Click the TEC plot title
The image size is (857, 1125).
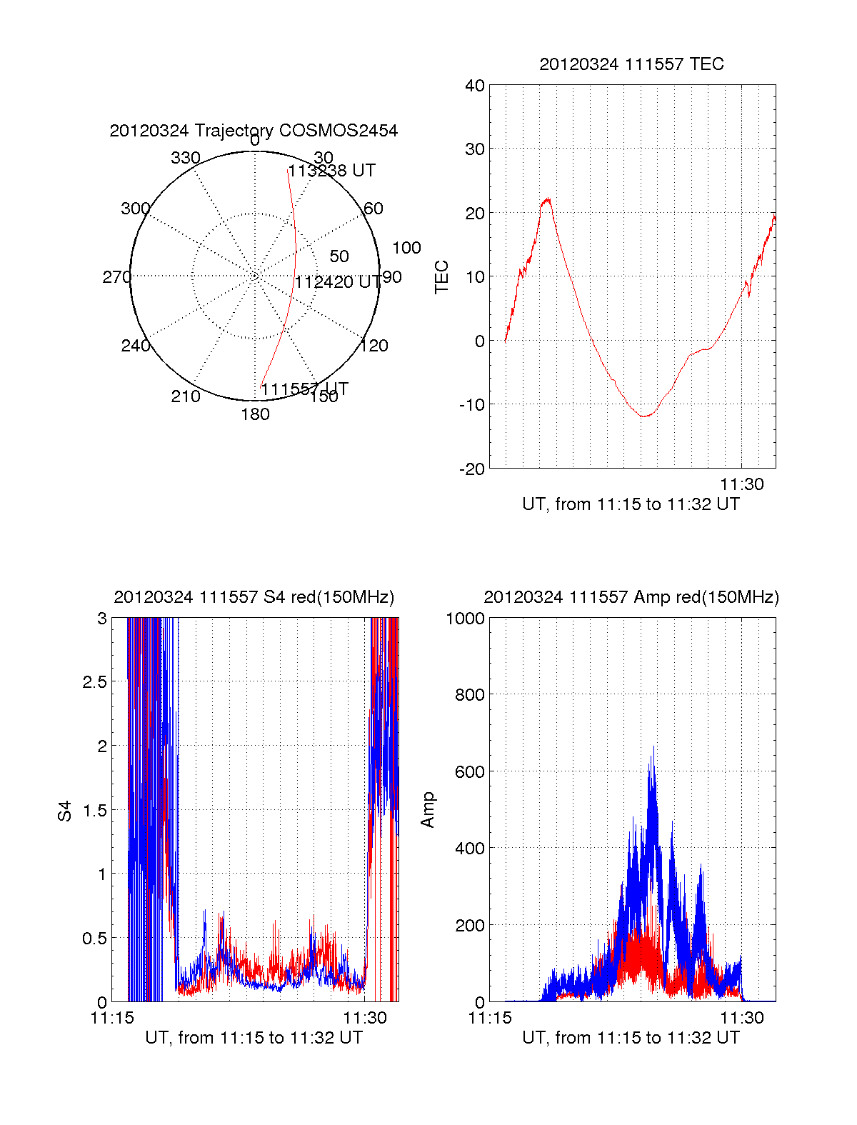coord(631,64)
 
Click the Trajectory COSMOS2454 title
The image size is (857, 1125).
coord(254,131)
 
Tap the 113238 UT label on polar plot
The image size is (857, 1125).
coord(331,171)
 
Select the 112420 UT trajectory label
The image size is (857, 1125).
coord(338,282)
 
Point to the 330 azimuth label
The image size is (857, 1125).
coord(186,158)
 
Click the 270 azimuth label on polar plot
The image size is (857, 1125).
coord(116,277)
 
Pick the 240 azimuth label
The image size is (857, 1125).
coord(136,346)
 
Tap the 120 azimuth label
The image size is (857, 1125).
coord(374,346)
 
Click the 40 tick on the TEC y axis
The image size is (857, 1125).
coord(475,86)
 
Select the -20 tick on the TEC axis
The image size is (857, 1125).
coord(472,469)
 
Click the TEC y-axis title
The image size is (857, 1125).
coord(442,277)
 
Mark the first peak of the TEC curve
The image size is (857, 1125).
coord(547,199)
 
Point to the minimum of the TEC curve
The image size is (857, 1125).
coord(644,416)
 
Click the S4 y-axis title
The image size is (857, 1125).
coord(65,811)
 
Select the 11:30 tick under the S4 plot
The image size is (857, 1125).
coord(365,1018)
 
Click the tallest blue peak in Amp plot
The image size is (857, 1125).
coord(653,748)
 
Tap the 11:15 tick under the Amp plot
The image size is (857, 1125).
coord(490,1018)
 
